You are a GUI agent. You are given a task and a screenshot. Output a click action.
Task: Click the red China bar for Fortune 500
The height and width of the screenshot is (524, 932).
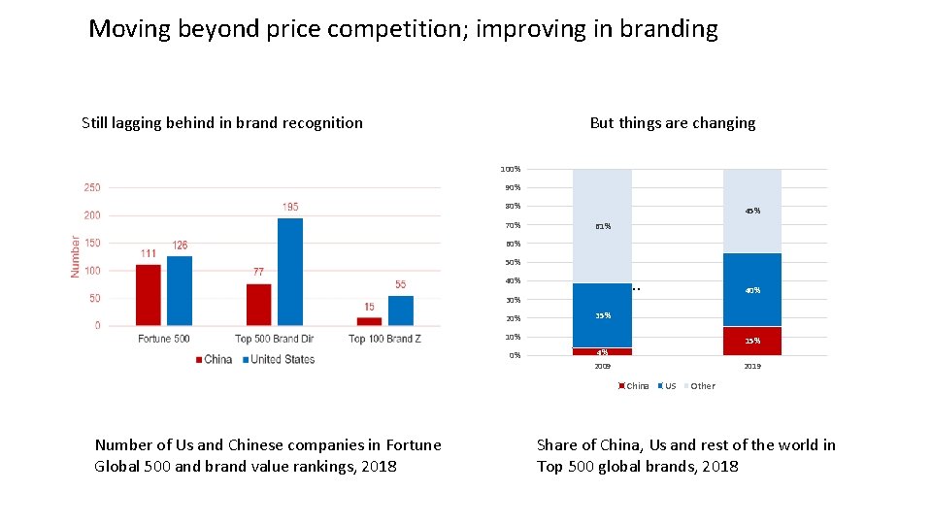pos(148,295)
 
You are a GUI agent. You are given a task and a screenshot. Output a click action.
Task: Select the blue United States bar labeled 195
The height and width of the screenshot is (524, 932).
pos(289,272)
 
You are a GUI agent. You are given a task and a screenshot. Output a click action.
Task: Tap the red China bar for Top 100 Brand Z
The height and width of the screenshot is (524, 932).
pos(369,321)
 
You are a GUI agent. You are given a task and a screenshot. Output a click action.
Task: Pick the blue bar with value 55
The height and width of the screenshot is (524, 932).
pos(400,311)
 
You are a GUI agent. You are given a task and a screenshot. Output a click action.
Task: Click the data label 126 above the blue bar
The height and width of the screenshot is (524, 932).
pos(180,246)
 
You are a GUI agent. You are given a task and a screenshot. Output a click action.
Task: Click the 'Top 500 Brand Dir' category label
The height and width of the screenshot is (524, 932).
pos(274,339)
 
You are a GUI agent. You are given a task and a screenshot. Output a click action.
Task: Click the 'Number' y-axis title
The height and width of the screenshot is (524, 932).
pos(75,256)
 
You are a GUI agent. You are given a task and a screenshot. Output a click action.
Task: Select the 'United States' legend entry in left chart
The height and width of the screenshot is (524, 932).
pos(283,359)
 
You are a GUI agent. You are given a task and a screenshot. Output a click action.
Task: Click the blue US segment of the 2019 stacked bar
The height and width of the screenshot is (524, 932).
pos(751,289)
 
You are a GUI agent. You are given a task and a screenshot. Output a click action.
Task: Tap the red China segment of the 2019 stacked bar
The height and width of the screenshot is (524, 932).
pos(751,341)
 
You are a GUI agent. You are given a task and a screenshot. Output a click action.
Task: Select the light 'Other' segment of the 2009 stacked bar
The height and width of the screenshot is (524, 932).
pos(602,226)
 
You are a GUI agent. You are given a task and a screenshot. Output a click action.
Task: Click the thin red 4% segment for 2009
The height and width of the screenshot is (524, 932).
pos(602,351)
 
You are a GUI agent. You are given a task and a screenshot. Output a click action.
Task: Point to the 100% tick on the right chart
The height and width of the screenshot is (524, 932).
pos(510,169)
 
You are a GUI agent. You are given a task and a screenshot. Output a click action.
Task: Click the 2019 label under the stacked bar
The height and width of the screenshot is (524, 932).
pos(751,367)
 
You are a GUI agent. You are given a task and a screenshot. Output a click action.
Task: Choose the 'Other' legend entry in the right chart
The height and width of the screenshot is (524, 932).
pos(702,386)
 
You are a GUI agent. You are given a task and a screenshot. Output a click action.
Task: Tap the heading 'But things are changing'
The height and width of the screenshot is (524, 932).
pos(672,123)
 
